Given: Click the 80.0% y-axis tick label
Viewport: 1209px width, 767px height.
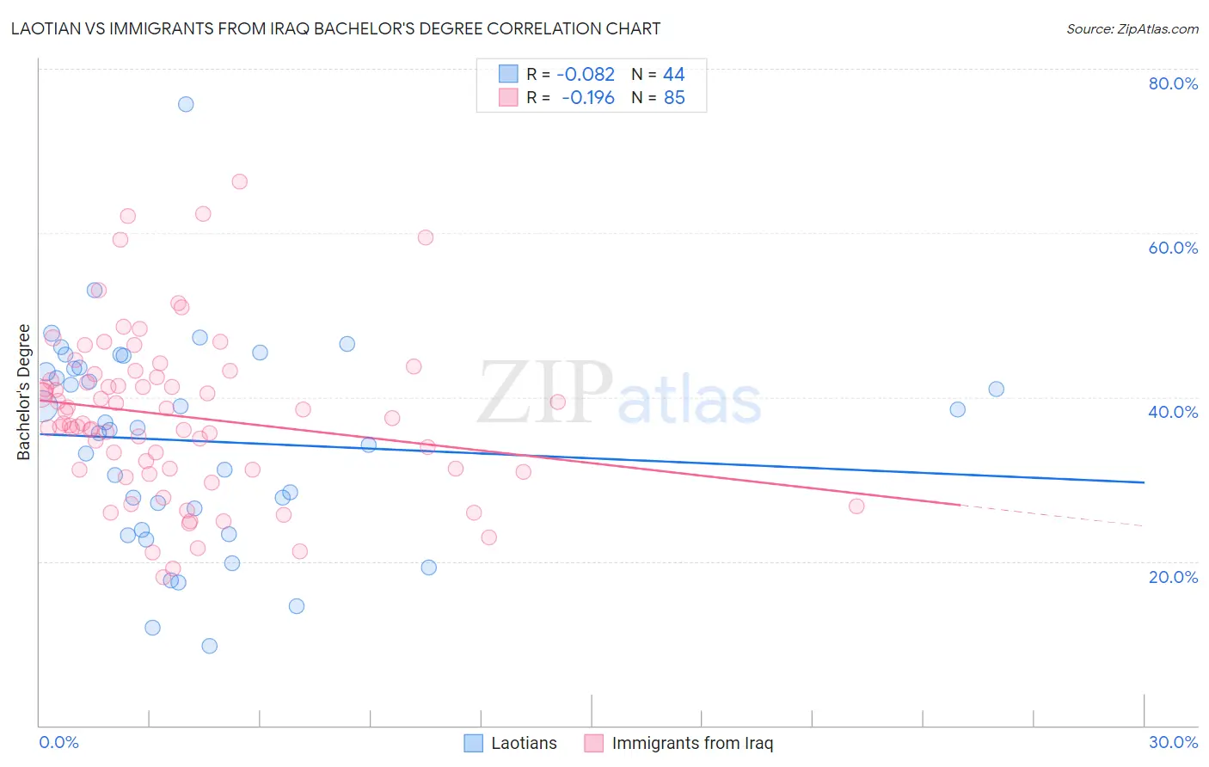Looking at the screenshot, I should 1173,83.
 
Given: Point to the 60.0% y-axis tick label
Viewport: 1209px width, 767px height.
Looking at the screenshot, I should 1173,248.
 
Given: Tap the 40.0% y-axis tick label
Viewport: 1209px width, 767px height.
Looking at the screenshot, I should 1173,412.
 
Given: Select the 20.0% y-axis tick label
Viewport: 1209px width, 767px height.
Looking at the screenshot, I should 1173,577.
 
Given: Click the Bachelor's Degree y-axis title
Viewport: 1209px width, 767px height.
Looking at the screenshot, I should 24,392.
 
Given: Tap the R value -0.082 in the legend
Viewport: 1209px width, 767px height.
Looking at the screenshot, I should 586,75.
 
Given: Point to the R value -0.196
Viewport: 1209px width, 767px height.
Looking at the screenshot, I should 588,98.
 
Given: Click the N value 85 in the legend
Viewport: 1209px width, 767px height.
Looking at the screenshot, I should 674,98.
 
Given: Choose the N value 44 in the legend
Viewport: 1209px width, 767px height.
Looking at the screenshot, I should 673,75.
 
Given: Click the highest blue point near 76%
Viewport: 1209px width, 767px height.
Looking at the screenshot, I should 186,104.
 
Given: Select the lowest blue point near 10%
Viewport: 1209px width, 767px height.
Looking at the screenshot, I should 209,646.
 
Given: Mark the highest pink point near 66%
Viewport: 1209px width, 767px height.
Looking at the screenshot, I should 240,181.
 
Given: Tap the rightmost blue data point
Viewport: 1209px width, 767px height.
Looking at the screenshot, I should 996,389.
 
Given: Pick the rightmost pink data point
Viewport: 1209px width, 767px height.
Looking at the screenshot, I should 856,506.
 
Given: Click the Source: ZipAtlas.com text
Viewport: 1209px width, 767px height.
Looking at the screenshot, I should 1132,29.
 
